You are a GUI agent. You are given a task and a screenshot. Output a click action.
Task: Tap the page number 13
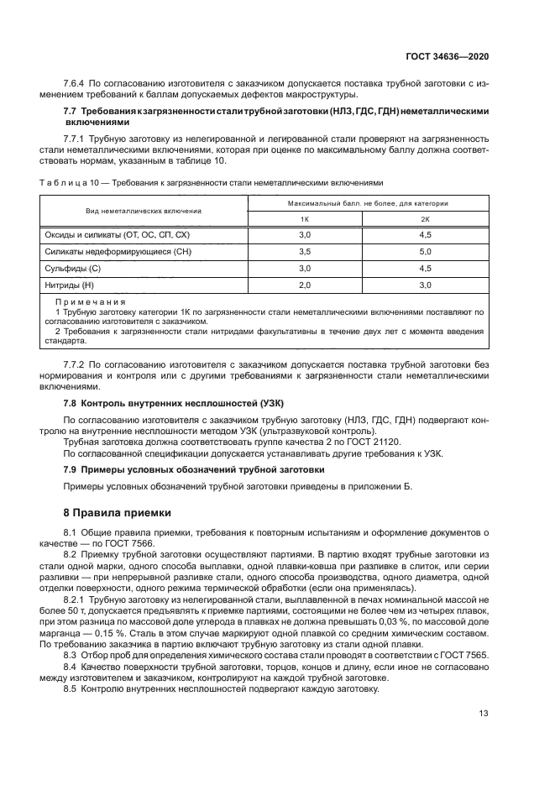[484, 714]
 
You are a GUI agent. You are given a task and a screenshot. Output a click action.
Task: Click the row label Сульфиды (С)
[72, 268]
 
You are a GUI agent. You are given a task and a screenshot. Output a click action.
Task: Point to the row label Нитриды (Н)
[71, 285]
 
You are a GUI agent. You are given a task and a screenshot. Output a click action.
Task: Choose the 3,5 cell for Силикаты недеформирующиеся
[304, 251]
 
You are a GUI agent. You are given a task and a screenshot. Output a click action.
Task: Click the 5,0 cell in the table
[425, 251]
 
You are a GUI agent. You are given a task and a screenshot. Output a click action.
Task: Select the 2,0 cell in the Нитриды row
[304, 285]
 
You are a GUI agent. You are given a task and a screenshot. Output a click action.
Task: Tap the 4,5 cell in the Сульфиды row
[425, 268]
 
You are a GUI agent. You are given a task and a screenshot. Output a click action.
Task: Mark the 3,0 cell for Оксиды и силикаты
[304, 234]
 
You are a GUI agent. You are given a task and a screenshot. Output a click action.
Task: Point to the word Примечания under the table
[90, 301]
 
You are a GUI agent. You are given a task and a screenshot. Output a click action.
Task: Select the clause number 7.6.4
[76, 83]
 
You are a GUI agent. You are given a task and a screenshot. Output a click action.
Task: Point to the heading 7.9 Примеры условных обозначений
[194, 469]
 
